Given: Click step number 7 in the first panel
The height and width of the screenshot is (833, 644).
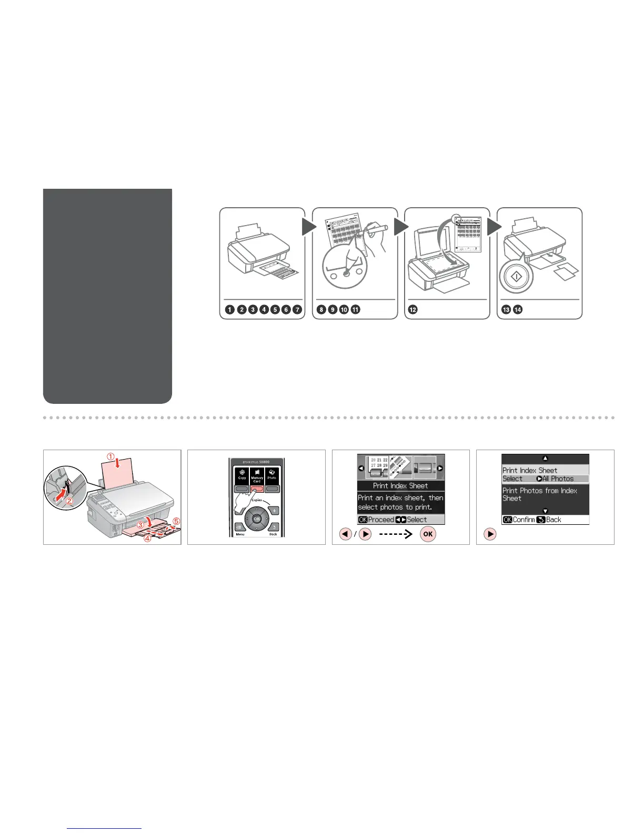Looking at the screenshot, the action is pyautogui.click(x=297, y=310).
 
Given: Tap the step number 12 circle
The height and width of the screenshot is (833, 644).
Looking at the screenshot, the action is pyautogui.click(x=413, y=310).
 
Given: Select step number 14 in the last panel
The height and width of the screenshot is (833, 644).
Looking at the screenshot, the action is pyautogui.click(x=518, y=310).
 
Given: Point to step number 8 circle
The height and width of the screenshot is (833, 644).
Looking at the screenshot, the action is pyautogui.click(x=321, y=310).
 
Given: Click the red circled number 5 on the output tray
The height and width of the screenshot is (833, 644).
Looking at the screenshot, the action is pyautogui.click(x=176, y=521).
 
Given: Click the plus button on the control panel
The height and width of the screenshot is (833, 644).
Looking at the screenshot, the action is pyautogui.click(x=274, y=511).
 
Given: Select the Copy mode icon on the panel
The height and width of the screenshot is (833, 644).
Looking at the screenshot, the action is pyautogui.click(x=242, y=474).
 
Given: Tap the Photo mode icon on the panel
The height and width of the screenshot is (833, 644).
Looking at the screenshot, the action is pyautogui.click(x=271, y=474).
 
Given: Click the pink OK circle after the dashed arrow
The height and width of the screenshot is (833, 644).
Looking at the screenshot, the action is pyautogui.click(x=428, y=534).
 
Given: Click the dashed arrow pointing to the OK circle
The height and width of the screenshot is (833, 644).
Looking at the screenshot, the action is pyautogui.click(x=395, y=534).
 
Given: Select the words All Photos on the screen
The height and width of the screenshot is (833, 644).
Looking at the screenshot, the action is pyautogui.click(x=558, y=479).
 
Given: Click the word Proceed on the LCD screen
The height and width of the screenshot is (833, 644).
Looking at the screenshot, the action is pyautogui.click(x=381, y=520).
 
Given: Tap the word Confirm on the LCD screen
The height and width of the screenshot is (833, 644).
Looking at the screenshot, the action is pyautogui.click(x=524, y=520).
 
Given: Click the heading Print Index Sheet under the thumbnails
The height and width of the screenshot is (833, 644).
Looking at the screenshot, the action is pyautogui.click(x=400, y=486).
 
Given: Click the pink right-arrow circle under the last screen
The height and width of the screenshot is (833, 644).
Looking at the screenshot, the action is pyautogui.click(x=490, y=534).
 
